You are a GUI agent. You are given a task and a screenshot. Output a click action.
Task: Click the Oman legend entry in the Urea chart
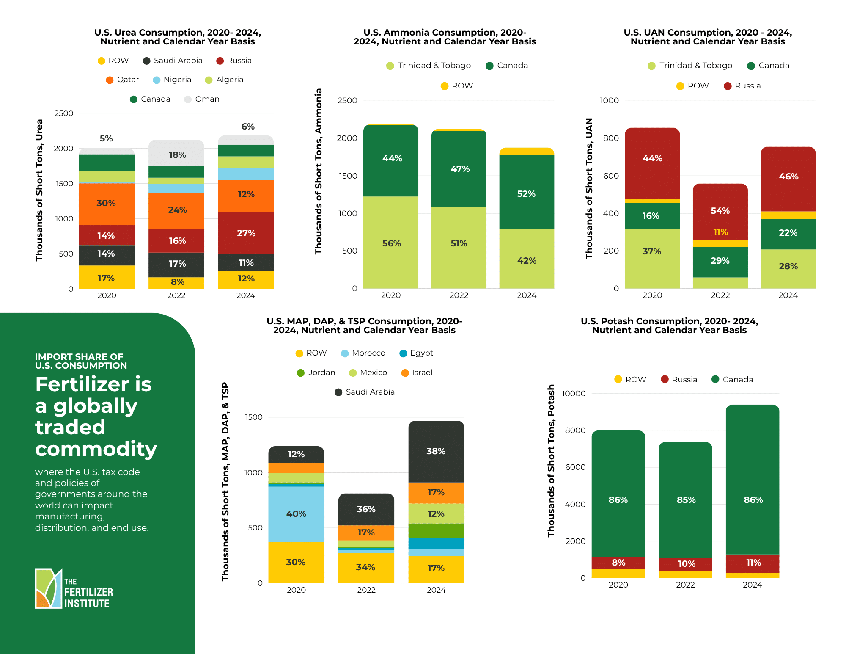tap(202, 99)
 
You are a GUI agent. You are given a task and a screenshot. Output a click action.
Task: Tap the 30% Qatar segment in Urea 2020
tap(106, 203)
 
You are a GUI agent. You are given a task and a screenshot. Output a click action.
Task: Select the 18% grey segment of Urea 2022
tap(177, 154)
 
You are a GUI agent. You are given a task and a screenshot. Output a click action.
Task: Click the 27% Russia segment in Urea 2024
tap(246, 233)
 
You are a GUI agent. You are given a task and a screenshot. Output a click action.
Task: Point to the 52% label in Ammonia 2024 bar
tap(526, 194)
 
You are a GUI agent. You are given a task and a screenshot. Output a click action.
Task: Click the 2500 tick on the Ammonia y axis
tap(347, 101)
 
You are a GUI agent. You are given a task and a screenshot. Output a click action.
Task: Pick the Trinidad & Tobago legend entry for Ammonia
tap(428, 66)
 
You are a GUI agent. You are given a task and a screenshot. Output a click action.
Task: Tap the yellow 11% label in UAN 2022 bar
tap(720, 232)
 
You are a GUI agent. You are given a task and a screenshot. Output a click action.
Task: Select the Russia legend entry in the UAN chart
tap(742, 86)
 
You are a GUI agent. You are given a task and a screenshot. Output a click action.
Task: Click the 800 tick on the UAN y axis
tap(611, 138)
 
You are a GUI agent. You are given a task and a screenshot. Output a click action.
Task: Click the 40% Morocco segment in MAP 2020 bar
tap(296, 513)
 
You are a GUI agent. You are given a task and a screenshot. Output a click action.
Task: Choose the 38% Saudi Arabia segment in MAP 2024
tap(436, 451)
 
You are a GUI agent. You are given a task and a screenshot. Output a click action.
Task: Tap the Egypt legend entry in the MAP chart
tap(416, 353)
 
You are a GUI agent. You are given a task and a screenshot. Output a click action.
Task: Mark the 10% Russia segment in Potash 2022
tap(686, 564)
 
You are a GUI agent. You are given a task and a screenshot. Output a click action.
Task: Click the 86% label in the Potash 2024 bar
tap(753, 500)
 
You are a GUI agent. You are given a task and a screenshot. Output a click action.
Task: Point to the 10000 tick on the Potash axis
tap(574, 393)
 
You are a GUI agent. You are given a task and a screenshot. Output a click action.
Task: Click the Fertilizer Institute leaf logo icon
tap(49, 588)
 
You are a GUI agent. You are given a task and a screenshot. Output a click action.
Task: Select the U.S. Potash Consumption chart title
tap(669, 326)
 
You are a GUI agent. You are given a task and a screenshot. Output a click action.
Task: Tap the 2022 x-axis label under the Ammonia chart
tap(459, 295)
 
